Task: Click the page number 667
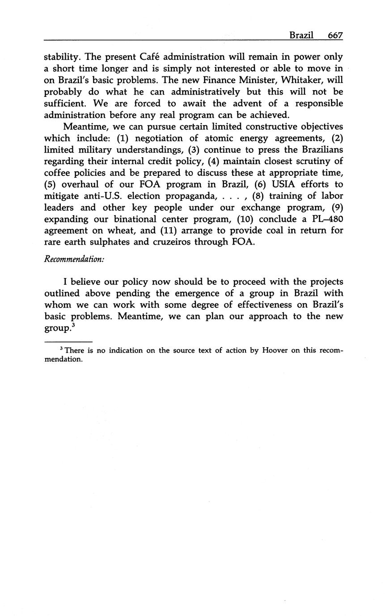(335, 35)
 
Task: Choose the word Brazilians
(317, 150)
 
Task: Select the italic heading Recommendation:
(74, 259)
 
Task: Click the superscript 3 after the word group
(73, 325)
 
